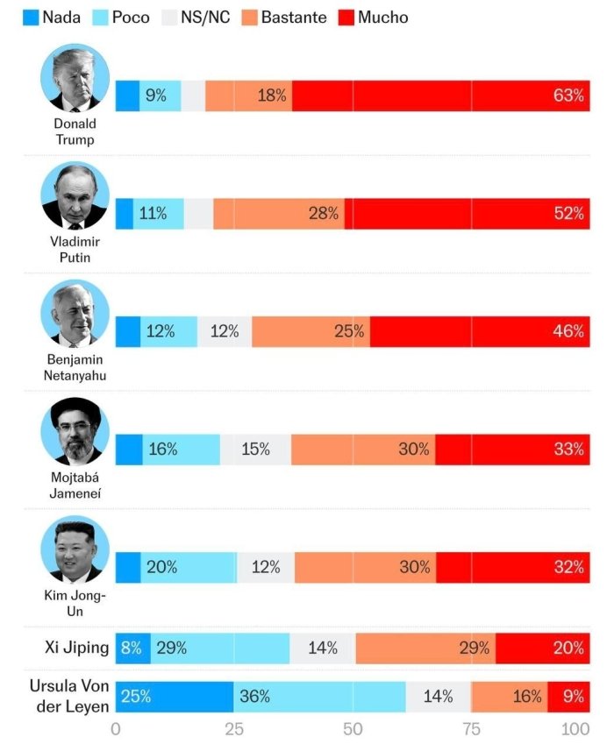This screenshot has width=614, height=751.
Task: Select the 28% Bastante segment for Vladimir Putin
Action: point(279,214)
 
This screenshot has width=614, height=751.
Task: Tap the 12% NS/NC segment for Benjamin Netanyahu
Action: point(225,331)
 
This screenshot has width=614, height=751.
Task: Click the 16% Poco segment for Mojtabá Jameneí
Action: point(181,450)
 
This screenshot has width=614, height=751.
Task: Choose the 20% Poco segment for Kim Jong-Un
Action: point(188,567)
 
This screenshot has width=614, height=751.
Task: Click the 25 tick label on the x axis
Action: point(233,729)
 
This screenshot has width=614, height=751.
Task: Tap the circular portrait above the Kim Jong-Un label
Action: point(75,549)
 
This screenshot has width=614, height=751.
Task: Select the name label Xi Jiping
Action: point(77,648)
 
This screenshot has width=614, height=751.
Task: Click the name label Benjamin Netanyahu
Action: point(75,367)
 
